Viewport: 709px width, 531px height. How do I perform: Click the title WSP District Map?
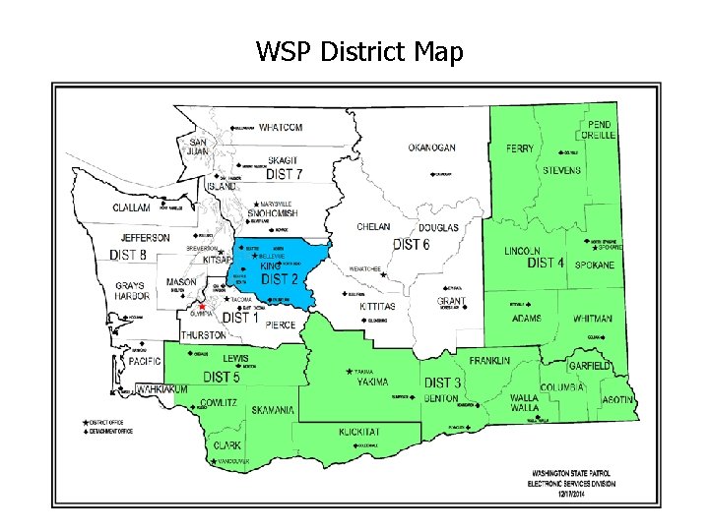click(358, 51)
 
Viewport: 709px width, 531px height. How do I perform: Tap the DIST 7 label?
click(284, 174)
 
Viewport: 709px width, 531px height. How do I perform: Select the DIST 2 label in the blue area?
click(281, 279)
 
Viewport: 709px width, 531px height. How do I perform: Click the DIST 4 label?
click(546, 264)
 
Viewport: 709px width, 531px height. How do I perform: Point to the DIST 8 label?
click(128, 255)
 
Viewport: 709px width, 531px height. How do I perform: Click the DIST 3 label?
click(443, 383)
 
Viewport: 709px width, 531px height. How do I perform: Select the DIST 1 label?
click(241, 318)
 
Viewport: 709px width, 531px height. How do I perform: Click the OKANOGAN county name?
click(431, 147)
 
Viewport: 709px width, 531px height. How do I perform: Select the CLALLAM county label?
click(131, 208)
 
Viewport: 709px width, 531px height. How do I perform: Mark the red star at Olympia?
click(203, 307)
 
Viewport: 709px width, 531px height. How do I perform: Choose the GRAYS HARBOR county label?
click(129, 291)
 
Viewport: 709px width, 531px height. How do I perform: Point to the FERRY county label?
click(520, 148)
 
